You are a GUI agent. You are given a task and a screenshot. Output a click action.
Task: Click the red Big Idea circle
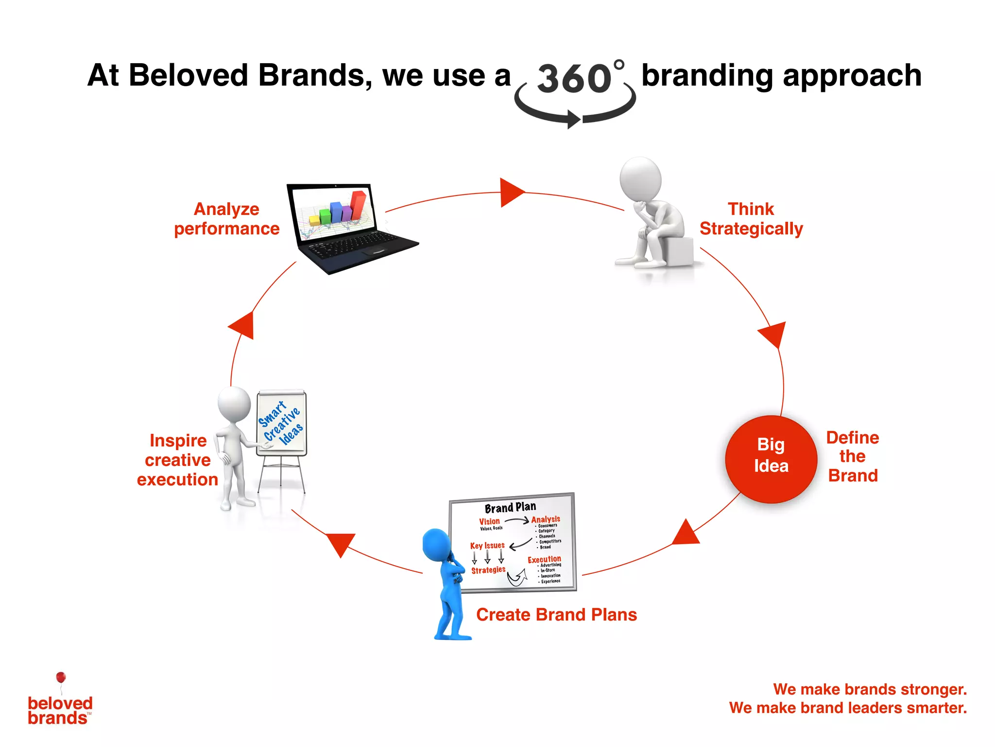pyautogui.click(x=771, y=459)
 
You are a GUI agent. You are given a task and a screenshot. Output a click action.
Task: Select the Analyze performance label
pyautogui.click(x=226, y=219)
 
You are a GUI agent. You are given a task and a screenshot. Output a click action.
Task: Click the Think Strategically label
pyautogui.click(x=751, y=219)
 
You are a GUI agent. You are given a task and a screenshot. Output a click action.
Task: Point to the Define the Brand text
pyautogui.click(x=853, y=456)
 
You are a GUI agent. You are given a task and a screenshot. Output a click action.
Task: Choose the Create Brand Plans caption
pyautogui.click(x=556, y=615)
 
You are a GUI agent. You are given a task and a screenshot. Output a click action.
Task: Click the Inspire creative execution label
pyautogui.click(x=177, y=460)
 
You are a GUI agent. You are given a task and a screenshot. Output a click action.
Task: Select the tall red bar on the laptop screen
pyautogui.click(x=359, y=204)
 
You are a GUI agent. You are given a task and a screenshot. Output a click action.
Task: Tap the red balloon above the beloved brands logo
pyautogui.click(x=61, y=677)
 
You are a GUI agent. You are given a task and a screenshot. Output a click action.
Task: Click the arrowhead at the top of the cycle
pyautogui.click(x=510, y=193)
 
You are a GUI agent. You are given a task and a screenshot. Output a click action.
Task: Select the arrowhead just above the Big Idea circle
pyautogui.click(x=773, y=334)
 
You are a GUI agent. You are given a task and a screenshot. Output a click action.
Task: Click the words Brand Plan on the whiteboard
pyautogui.click(x=510, y=507)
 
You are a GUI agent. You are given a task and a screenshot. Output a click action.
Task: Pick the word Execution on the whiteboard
pyautogui.click(x=544, y=559)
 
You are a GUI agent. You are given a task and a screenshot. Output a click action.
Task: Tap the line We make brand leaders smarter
pyautogui.click(x=848, y=708)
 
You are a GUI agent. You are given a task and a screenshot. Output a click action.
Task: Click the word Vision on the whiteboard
pyautogui.click(x=489, y=521)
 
